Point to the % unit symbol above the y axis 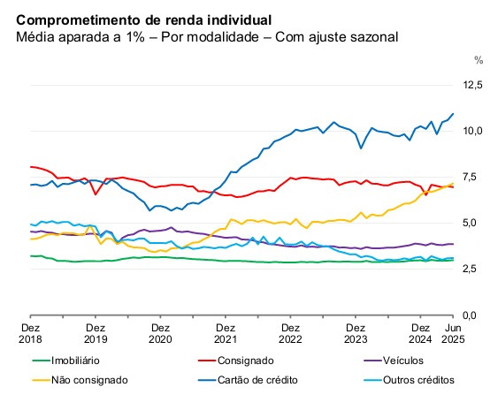[479, 61]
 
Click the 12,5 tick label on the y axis [473, 85]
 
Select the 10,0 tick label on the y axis [473, 131]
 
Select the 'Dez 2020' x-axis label [160, 332]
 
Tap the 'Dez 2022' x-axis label [290, 332]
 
